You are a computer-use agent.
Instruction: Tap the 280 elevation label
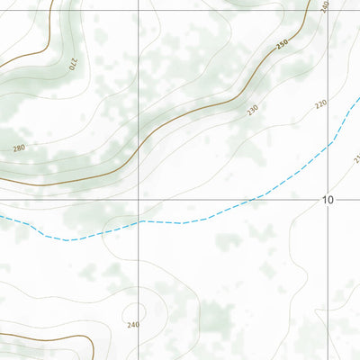19,147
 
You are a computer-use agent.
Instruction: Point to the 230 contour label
252,109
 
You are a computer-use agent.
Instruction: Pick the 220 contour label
321,105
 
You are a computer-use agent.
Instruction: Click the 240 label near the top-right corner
324,5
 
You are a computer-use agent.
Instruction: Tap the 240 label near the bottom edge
133,325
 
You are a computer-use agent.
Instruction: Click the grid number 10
328,200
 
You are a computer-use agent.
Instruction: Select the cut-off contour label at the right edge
356,159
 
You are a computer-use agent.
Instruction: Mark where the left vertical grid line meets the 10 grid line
139,199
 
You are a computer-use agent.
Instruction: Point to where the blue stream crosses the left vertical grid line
139,221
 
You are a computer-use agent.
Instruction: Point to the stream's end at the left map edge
2,216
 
